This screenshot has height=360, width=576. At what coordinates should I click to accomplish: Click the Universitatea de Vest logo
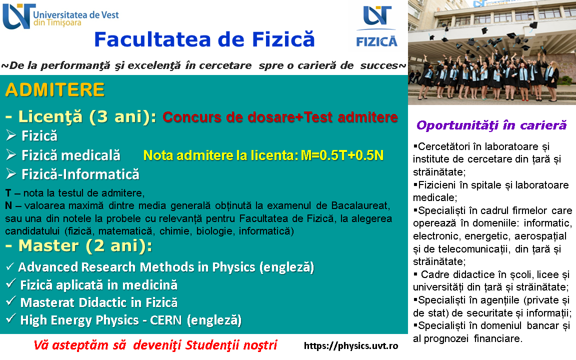point(60,16)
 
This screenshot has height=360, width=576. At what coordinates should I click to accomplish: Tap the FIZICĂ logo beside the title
point(377,26)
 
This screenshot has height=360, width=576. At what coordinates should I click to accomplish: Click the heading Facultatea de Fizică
point(204,39)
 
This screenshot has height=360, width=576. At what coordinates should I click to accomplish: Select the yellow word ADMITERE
point(55,90)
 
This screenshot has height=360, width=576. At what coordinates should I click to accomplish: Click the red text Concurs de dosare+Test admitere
point(280,117)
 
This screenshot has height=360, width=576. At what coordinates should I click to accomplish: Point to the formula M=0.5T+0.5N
point(342,155)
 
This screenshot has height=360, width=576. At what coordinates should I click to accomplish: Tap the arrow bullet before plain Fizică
point(11,136)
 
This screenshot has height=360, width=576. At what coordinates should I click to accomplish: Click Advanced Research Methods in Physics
point(136,267)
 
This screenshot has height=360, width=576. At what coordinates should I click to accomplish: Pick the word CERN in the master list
point(165,320)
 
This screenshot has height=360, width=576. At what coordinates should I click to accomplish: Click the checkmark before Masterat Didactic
point(10,301)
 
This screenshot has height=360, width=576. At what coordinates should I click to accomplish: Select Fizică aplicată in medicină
point(99,284)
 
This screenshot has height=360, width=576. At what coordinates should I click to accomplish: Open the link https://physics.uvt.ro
point(351,345)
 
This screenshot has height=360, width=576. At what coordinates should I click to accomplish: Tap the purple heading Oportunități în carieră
point(491,125)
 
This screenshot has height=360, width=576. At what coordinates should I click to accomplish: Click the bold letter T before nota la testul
point(8,193)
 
